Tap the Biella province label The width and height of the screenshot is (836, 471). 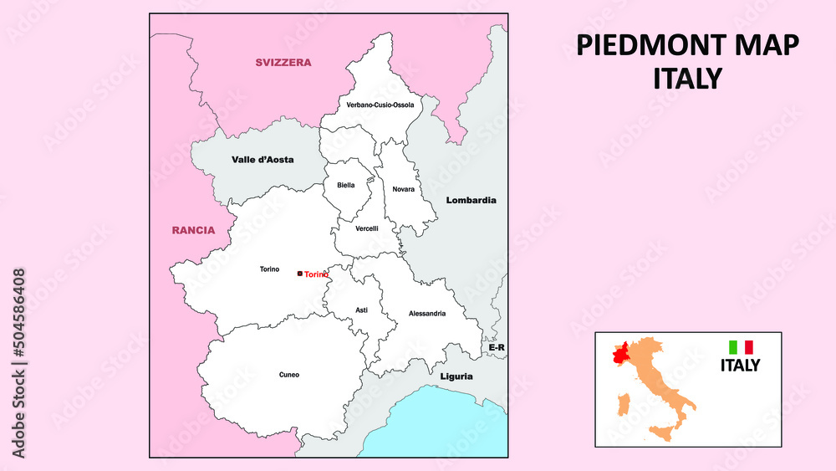coord(346,185)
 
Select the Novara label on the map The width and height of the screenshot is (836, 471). coord(404,189)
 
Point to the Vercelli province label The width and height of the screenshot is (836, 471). coord(367,228)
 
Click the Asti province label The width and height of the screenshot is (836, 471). coord(361,310)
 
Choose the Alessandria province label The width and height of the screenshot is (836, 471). coord(427,314)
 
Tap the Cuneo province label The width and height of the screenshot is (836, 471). coord(289,375)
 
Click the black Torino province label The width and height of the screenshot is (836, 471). coord(269,269)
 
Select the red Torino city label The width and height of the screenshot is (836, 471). coord(316,274)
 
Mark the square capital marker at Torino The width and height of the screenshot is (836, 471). coord(300,274)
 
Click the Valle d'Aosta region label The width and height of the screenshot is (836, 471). coord(263,159)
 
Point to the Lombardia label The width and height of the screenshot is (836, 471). coord(471,201)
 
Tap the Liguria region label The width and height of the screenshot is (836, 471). coord(456,376)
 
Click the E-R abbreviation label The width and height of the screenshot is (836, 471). coord(497,347)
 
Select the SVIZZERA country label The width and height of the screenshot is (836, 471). coord(283,63)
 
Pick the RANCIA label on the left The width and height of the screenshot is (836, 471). coord(193,230)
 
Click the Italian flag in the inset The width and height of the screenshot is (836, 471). coord(741,346)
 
